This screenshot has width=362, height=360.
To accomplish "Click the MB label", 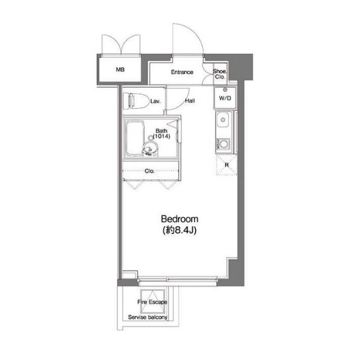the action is point(120,69).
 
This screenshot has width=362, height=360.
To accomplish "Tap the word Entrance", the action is point(182,72).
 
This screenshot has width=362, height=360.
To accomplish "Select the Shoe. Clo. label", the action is point(220,74).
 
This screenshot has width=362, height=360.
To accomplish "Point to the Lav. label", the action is point(155,101).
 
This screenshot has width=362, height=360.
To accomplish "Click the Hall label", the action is point(190,101).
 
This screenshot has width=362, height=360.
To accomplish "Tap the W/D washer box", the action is point(225,98).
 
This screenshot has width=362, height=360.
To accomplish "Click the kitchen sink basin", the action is point(223,120).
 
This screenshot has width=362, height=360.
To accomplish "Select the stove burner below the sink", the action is point(223,145).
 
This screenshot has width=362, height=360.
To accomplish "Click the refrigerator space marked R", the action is point(227,165).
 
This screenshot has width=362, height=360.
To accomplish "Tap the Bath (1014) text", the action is point(161,134).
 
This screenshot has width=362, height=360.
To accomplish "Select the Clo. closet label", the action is point(149,171).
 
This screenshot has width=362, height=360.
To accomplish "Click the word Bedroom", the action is point(179,219).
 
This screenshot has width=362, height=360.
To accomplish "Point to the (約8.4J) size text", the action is point(179,230).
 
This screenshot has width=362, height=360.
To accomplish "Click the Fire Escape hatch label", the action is point(152,302).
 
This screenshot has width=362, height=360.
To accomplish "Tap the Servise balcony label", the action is point(148,317).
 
